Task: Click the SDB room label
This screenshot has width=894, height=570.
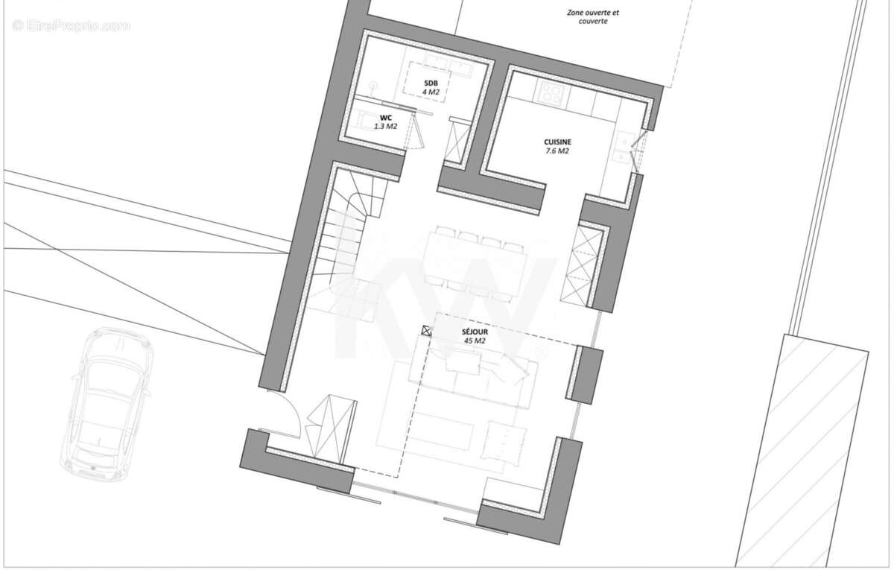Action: click(x=431, y=83)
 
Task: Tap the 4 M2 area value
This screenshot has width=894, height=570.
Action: click(x=431, y=92)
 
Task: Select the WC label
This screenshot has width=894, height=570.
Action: click(x=385, y=118)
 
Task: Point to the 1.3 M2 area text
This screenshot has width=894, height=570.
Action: click(x=385, y=127)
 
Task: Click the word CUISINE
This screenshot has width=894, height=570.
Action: click(x=557, y=141)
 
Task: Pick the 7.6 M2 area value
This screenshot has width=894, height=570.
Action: click(x=557, y=151)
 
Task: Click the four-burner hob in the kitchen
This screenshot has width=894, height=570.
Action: click(x=552, y=93)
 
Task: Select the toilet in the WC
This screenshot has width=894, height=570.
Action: click(x=365, y=119)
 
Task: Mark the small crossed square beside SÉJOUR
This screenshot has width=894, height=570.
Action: click(x=427, y=332)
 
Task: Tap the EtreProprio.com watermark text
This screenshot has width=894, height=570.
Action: click(x=71, y=26)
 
